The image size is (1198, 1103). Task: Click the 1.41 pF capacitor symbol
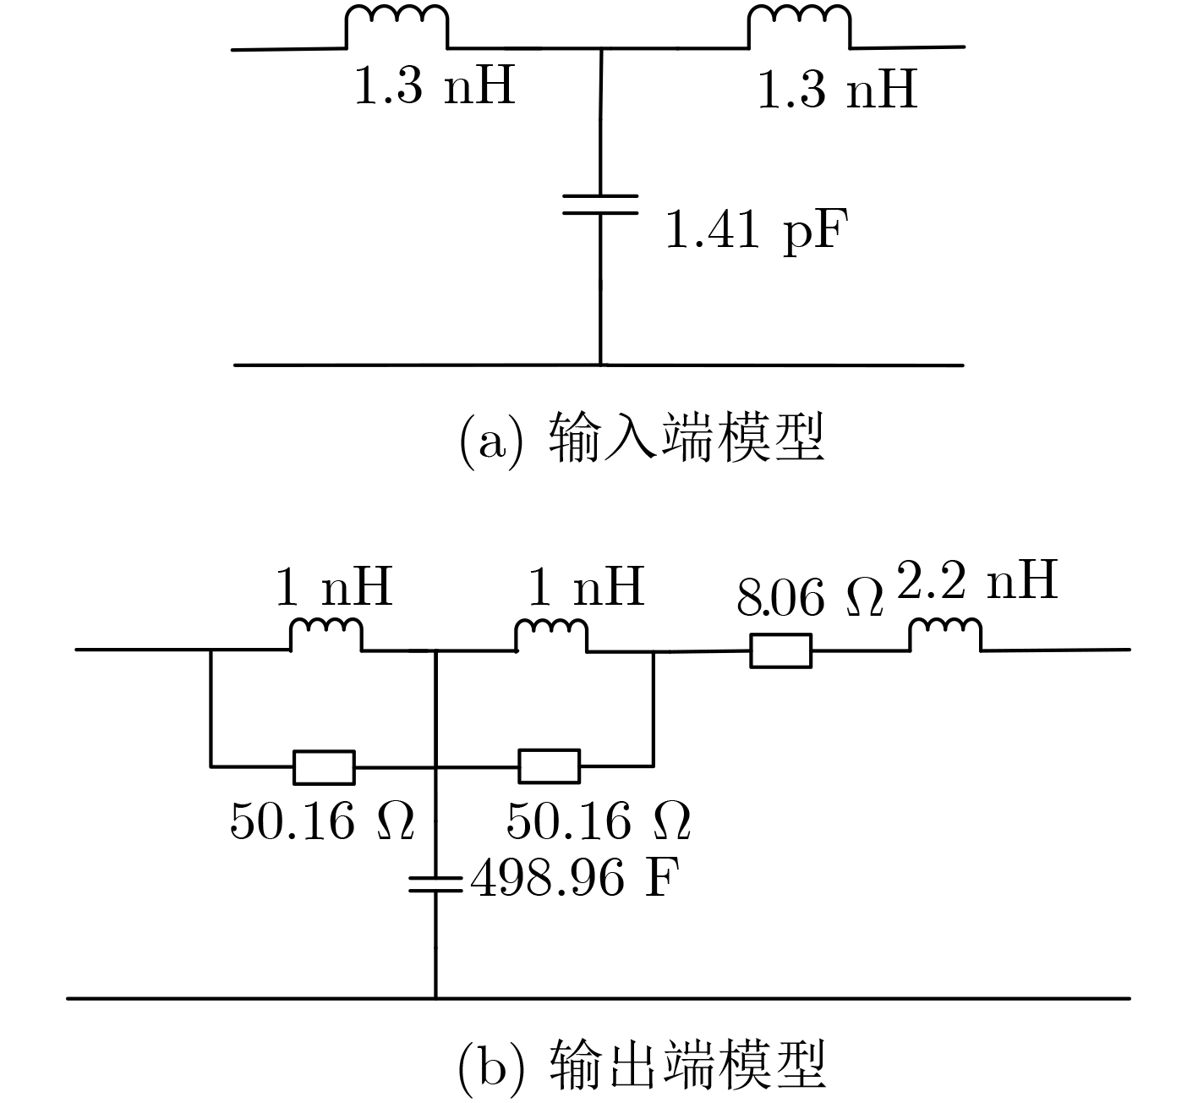[x=600, y=205]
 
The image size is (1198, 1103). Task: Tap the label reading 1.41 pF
[x=756, y=231]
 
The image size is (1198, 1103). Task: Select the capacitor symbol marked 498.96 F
[x=436, y=884]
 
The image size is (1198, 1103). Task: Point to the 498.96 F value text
[x=576, y=878]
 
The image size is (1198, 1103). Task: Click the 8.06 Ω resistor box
[x=780, y=650]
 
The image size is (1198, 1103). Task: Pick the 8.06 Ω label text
[x=810, y=597]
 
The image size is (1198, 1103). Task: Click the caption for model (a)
[x=642, y=437]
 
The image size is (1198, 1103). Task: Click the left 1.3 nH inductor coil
[x=397, y=26]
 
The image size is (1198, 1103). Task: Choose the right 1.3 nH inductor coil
[x=800, y=26]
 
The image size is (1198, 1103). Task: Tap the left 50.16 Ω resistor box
[x=324, y=767]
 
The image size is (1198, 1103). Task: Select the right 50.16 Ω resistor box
[x=550, y=766]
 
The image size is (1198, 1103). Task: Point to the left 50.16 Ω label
[x=322, y=821]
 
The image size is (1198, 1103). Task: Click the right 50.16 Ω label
[x=599, y=821]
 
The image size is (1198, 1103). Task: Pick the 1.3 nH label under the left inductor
[x=435, y=85]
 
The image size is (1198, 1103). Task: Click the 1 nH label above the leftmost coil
[x=334, y=587]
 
